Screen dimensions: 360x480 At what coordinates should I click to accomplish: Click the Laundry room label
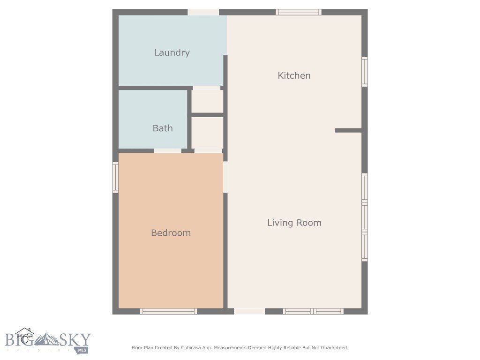pyautogui.click(x=172, y=52)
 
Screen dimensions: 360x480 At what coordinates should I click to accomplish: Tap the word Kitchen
pyautogui.click(x=294, y=75)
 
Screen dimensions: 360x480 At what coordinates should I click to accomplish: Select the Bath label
pyautogui.click(x=163, y=128)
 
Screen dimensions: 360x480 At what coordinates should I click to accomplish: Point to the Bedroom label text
pyautogui.click(x=171, y=233)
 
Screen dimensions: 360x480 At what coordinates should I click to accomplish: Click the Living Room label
pyautogui.click(x=294, y=223)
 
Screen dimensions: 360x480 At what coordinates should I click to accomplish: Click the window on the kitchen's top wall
pyautogui.click(x=298, y=12)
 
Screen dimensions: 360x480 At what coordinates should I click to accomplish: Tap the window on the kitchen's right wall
pyautogui.click(x=364, y=72)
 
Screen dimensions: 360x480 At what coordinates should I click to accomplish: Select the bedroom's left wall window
pyautogui.click(x=115, y=177)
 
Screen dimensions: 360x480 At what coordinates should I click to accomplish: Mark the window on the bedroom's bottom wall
pyautogui.click(x=168, y=311)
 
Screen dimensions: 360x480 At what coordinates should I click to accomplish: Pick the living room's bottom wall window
pyautogui.click(x=313, y=311)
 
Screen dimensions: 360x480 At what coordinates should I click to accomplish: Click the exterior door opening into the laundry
pyautogui.click(x=203, y=12)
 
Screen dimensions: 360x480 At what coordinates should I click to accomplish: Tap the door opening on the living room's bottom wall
pyautogui.click(x=249, y=311)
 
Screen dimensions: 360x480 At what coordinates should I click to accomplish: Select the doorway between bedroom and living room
pyautogui.click(x=225, y=177)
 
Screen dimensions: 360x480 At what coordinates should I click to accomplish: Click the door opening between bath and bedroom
pyautogui.click(x=167, y=150)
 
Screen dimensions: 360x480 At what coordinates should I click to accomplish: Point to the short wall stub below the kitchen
pyautogui.click(x=348, y=130)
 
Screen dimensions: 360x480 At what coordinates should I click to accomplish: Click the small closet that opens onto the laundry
pyautogui.click(x=207, y=101)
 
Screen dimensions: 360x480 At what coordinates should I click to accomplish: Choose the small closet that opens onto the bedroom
pyautogui.click(x=207, y=133)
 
